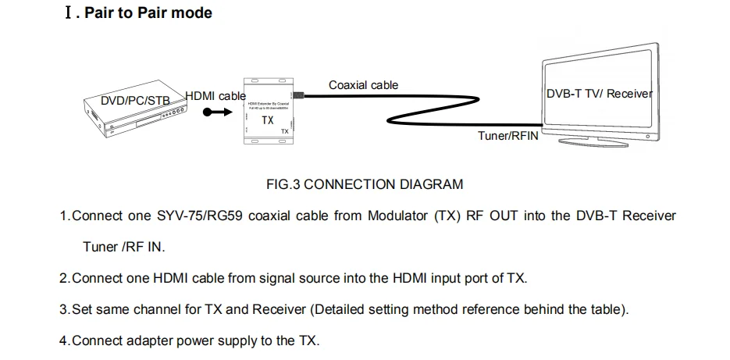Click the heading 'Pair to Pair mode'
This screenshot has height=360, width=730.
tap(148, 13)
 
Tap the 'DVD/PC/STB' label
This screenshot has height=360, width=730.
tap(136, 101)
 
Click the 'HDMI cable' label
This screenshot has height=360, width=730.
tap(215, 95)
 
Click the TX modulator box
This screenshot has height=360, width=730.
tap(268, 112)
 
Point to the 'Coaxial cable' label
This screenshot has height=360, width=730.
tap(363, 85)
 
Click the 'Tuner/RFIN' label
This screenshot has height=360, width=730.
tap(507, 135)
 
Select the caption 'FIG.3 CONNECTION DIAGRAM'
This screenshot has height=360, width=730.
tap(365, 184)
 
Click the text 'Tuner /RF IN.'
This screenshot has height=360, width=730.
tap(124, 247)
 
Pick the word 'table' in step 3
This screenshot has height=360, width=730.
tap(607, 309)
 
